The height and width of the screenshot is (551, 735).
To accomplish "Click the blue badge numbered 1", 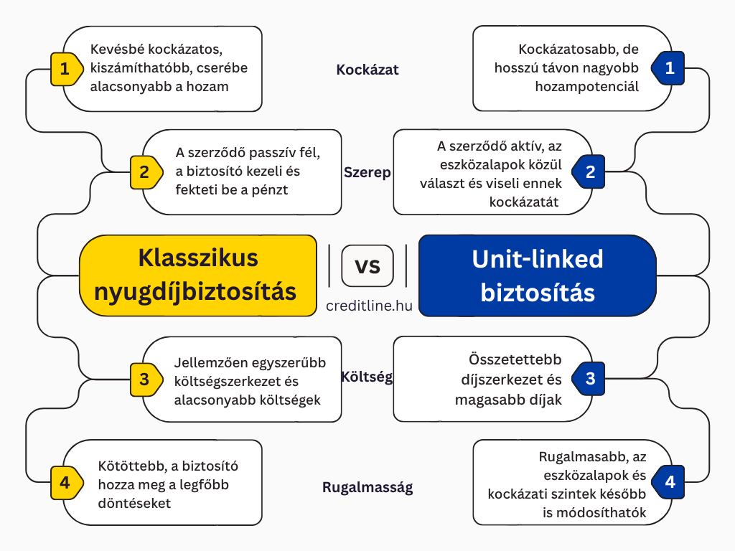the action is [668, 68].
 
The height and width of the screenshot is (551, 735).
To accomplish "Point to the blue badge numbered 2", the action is [589, 172].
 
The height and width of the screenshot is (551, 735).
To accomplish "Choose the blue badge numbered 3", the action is [589, 379].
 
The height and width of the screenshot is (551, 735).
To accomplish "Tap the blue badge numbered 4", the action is [668, 482].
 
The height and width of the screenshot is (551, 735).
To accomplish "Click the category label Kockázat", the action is [367, 70].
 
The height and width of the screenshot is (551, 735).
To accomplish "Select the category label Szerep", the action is [367, 173].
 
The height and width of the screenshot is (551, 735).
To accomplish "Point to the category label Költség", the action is [367, 377].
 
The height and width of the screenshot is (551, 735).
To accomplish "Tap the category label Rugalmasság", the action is [367, 488].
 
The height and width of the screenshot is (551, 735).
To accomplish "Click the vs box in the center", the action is [367, 265].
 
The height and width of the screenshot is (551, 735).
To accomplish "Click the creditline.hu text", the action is [370, 306].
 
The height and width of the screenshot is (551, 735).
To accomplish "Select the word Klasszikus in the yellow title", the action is [198, 258].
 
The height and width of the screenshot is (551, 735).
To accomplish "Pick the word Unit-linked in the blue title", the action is [537, 259].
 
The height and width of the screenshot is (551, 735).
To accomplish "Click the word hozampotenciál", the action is [587, 87].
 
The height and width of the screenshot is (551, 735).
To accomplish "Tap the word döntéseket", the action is [134, 503].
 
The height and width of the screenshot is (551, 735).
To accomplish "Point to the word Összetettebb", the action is [515, 359].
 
